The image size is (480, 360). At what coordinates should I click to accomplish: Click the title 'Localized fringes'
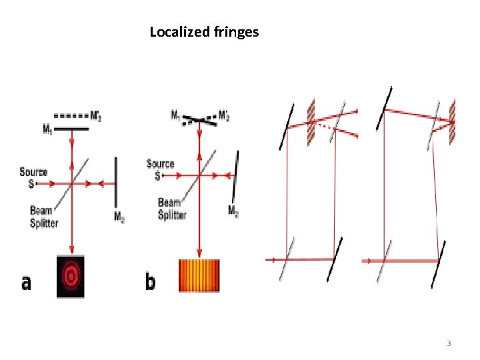pyautogui.click(x=204, y=32)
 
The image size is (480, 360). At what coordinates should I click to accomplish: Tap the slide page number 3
pyautogui.click(x=449, y=343)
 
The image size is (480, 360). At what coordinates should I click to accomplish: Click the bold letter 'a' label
pyautogui.click(x=26, y=283)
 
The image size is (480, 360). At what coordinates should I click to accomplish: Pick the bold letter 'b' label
pyautogui.click(x=151, y=282)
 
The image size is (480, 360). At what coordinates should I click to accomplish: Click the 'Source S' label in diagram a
pyautogui.click(x=33, y=176)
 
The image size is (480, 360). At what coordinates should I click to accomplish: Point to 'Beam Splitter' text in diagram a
pyautogui.click(x=44, y=217)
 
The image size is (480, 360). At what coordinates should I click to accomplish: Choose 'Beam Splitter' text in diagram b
pyautogui.click(x=172, y=209)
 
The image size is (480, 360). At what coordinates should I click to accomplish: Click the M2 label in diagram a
pyautogui.click(x=119, y=217)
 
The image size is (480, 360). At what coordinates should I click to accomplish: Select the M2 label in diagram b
pyautogui.click(x=233, y=212)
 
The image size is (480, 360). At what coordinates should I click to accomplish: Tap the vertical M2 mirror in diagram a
pyautogui.click(x=117, y=181)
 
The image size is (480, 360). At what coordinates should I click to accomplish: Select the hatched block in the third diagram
pyautogui.click(x=310, y=123)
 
